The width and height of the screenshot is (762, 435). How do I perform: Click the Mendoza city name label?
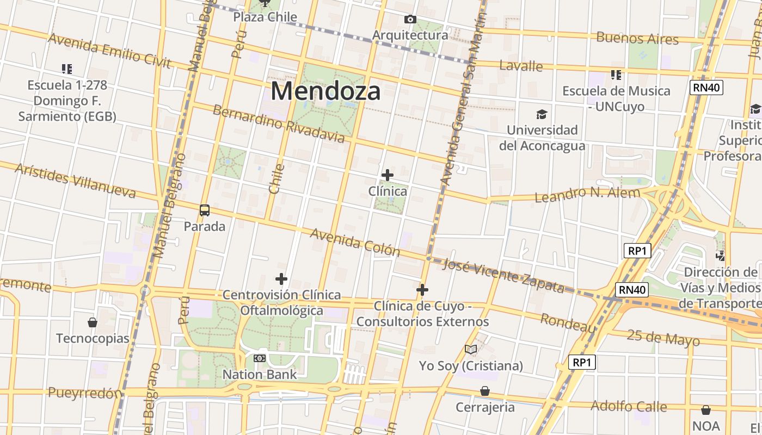[x=325, y=91]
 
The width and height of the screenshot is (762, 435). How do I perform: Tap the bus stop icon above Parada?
[x=205, y=210]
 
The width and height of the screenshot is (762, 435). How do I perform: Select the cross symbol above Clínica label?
[x=387, y=175]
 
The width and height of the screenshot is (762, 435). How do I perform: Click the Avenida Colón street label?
[x=355, y=242]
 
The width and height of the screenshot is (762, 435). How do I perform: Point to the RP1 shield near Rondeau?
[x=582, y=362]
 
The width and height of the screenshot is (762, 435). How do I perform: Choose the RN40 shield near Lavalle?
[x=706, y=88]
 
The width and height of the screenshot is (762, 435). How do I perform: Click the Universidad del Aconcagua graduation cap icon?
[x=542, y=114]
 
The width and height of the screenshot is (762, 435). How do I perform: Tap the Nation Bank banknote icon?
[x=260, y=358]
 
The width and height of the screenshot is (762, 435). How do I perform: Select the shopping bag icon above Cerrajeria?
[x=484, y=391]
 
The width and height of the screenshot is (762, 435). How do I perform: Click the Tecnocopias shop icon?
[x=93, y=322]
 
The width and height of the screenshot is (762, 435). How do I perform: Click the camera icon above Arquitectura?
[x=410, y=20]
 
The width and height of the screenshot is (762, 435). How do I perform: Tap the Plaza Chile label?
[x=265, y=17]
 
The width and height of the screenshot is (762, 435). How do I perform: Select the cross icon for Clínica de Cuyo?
[x=422, y=290]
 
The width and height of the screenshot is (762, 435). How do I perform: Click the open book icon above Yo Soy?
[x=471, y=350]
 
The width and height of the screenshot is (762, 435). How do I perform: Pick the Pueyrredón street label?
[x=85, y=393]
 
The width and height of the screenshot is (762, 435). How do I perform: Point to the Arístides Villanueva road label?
[x=75, y=180]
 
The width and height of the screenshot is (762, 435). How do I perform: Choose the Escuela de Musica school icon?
[x=616, y=74]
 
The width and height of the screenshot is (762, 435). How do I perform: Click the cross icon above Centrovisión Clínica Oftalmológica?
[x=281, y=279]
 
